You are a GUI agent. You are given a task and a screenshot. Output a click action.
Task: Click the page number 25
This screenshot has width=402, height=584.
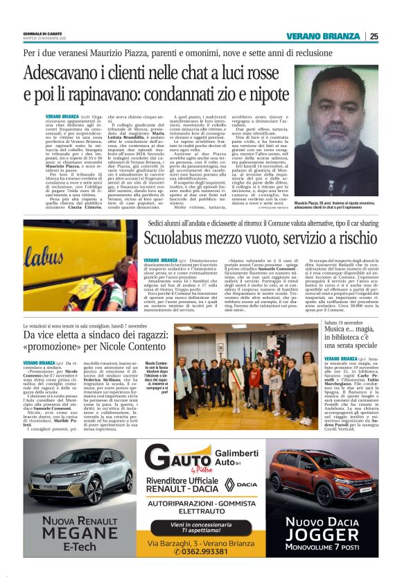point(374,37)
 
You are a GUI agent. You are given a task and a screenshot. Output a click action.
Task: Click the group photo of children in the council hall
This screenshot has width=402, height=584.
point(247,370)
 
